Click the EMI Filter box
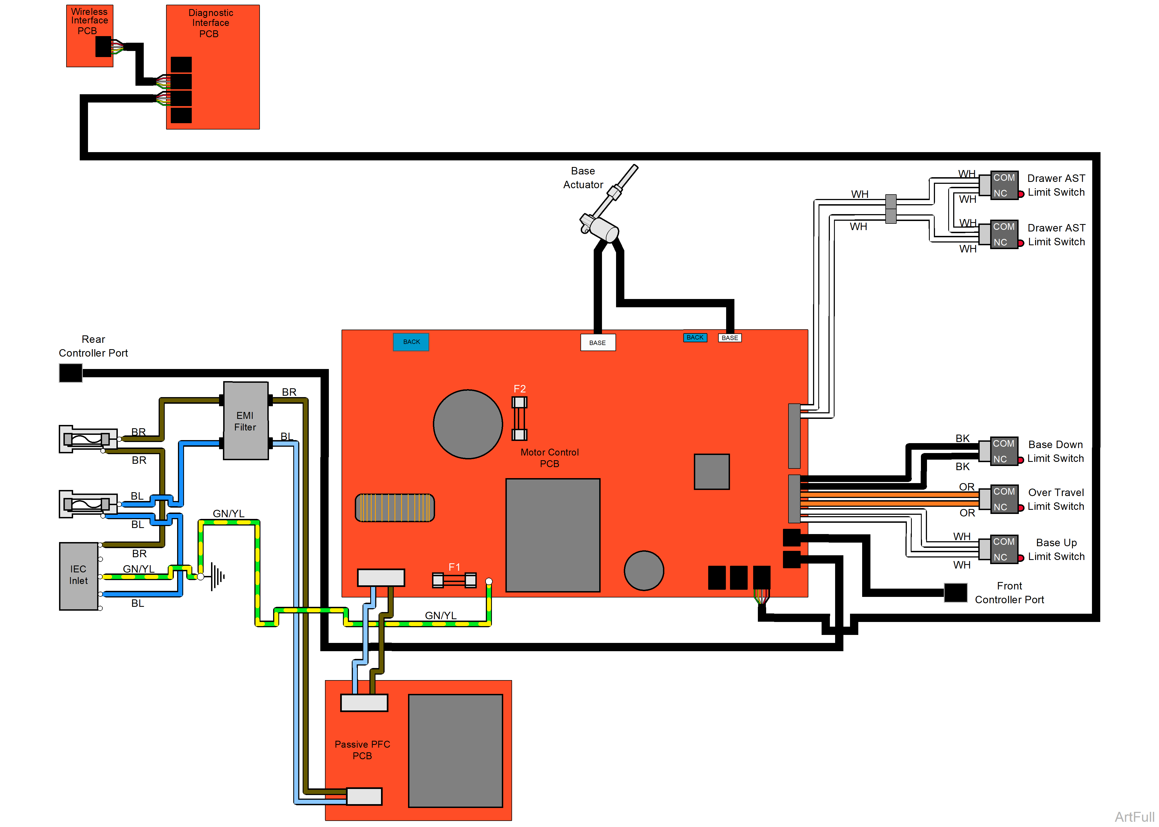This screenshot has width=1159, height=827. pos(245,421)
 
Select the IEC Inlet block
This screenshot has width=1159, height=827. pos(79,575)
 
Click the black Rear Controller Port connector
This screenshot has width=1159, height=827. pos(70,373)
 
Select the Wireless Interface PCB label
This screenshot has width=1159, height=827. pos(89,21)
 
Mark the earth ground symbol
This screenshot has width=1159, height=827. pos(218,577)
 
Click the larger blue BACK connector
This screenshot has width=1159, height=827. pos(411,342)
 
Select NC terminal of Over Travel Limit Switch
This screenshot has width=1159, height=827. pos(1000,507)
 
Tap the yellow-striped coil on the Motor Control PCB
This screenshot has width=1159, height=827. pos(395,508)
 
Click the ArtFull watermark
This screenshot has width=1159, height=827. pos(1134,816)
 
